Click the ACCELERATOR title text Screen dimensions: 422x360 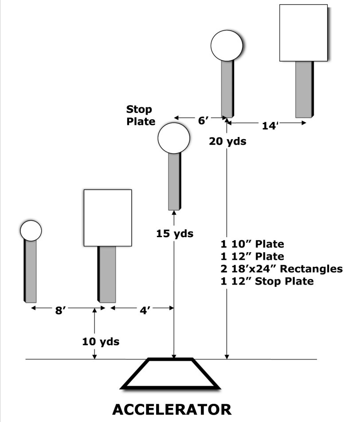[x=172, y=409]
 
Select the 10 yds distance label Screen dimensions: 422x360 [x=101, y=342]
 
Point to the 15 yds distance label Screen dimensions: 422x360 [x=175, y=233]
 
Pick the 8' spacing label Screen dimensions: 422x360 [x=61, y=311]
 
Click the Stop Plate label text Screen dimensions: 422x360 [x=141, y=115]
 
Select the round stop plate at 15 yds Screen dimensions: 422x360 [x=174, y=138]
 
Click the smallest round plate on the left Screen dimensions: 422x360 [x=31, y=231]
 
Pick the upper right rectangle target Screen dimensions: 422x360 [x=303, y=33]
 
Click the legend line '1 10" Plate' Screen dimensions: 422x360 [x=252, y=244]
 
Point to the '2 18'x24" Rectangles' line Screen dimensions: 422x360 [x=282, y=269]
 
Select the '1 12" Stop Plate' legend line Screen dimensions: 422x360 [x=266, y=281]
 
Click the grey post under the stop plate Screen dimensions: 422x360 [x=174, y=182]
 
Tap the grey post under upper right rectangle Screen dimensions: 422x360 [x=304, y=89]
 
